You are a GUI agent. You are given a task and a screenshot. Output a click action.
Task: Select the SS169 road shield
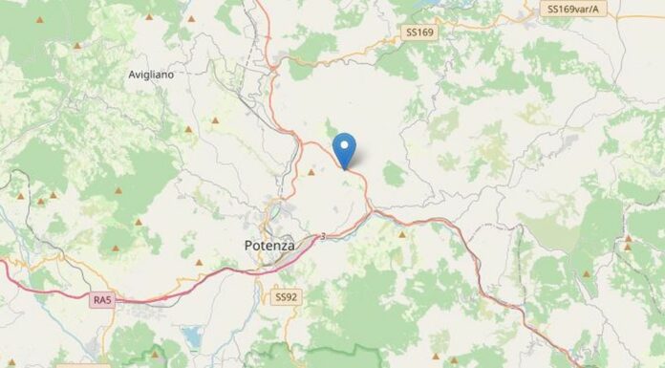pos(419,32)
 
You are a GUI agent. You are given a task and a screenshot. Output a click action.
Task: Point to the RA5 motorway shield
pos(102,301)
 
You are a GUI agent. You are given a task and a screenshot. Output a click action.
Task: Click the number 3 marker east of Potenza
pos(323,236)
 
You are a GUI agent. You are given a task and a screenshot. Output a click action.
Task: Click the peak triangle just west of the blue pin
pos(311,173)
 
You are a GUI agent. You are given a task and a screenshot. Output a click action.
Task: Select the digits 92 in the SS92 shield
pos(290,297)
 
